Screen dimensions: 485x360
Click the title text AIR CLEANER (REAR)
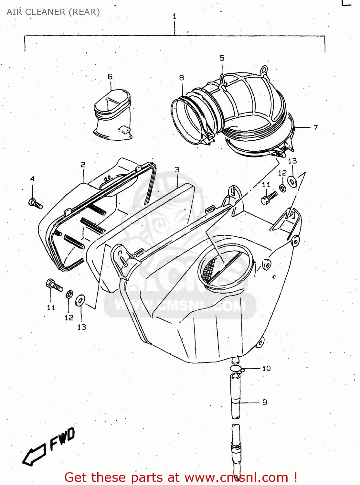(53, 12)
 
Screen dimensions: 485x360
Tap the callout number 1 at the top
(175, 16)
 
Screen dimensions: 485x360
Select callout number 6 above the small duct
(110, 77)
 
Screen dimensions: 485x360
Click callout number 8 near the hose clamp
(182, 78)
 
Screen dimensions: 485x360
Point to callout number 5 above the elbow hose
(222, 58)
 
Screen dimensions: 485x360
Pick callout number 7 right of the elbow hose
(315, 128)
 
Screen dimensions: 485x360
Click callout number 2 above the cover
(83, 165)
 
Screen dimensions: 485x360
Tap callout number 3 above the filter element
(177, 170)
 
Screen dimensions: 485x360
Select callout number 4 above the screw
(32, 179)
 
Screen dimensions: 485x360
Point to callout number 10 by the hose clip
(266, 368)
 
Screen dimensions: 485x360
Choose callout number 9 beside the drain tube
(265, 402)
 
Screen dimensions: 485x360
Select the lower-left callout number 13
(82, 327)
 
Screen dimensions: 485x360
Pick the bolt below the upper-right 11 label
(269, 198)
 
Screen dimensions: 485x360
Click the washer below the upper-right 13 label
(292, 182)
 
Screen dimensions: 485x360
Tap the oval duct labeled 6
(112, 115)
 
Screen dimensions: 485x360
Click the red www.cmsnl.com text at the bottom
(236, 478)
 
